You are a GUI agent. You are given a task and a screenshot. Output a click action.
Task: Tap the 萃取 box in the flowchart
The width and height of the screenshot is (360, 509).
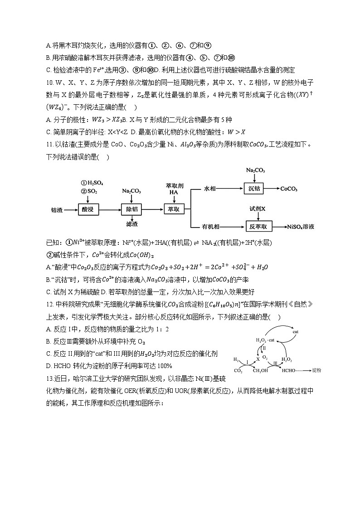[x=175, y=210]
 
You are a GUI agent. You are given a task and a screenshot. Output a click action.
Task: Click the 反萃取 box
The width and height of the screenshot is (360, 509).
[x=258, y=226]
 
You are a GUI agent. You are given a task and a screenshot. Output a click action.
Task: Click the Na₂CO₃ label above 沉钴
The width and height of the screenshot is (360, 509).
[x=255, y=170]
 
